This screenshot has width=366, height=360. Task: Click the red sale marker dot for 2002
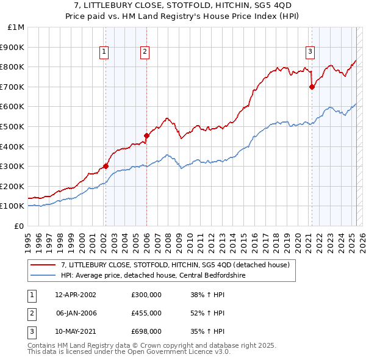click(106, 165)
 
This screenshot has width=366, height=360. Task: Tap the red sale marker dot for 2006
click(146, 135)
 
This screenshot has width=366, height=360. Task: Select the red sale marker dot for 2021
click(312, 87)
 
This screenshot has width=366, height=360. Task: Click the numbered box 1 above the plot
click(105, 52)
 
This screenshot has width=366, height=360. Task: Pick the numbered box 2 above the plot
click(145, 52)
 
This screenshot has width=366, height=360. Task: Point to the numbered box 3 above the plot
click(310, 52)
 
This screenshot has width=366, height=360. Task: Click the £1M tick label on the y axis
click(16, 27)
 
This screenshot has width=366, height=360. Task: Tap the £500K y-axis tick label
click(13, 126)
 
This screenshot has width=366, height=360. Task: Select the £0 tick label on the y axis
click(19, 226)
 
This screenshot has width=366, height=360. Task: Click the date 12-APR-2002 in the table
click(75, 295)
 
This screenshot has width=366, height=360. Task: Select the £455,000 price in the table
click(146, 313)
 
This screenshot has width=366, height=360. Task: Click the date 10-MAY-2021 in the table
click(76, 331)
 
